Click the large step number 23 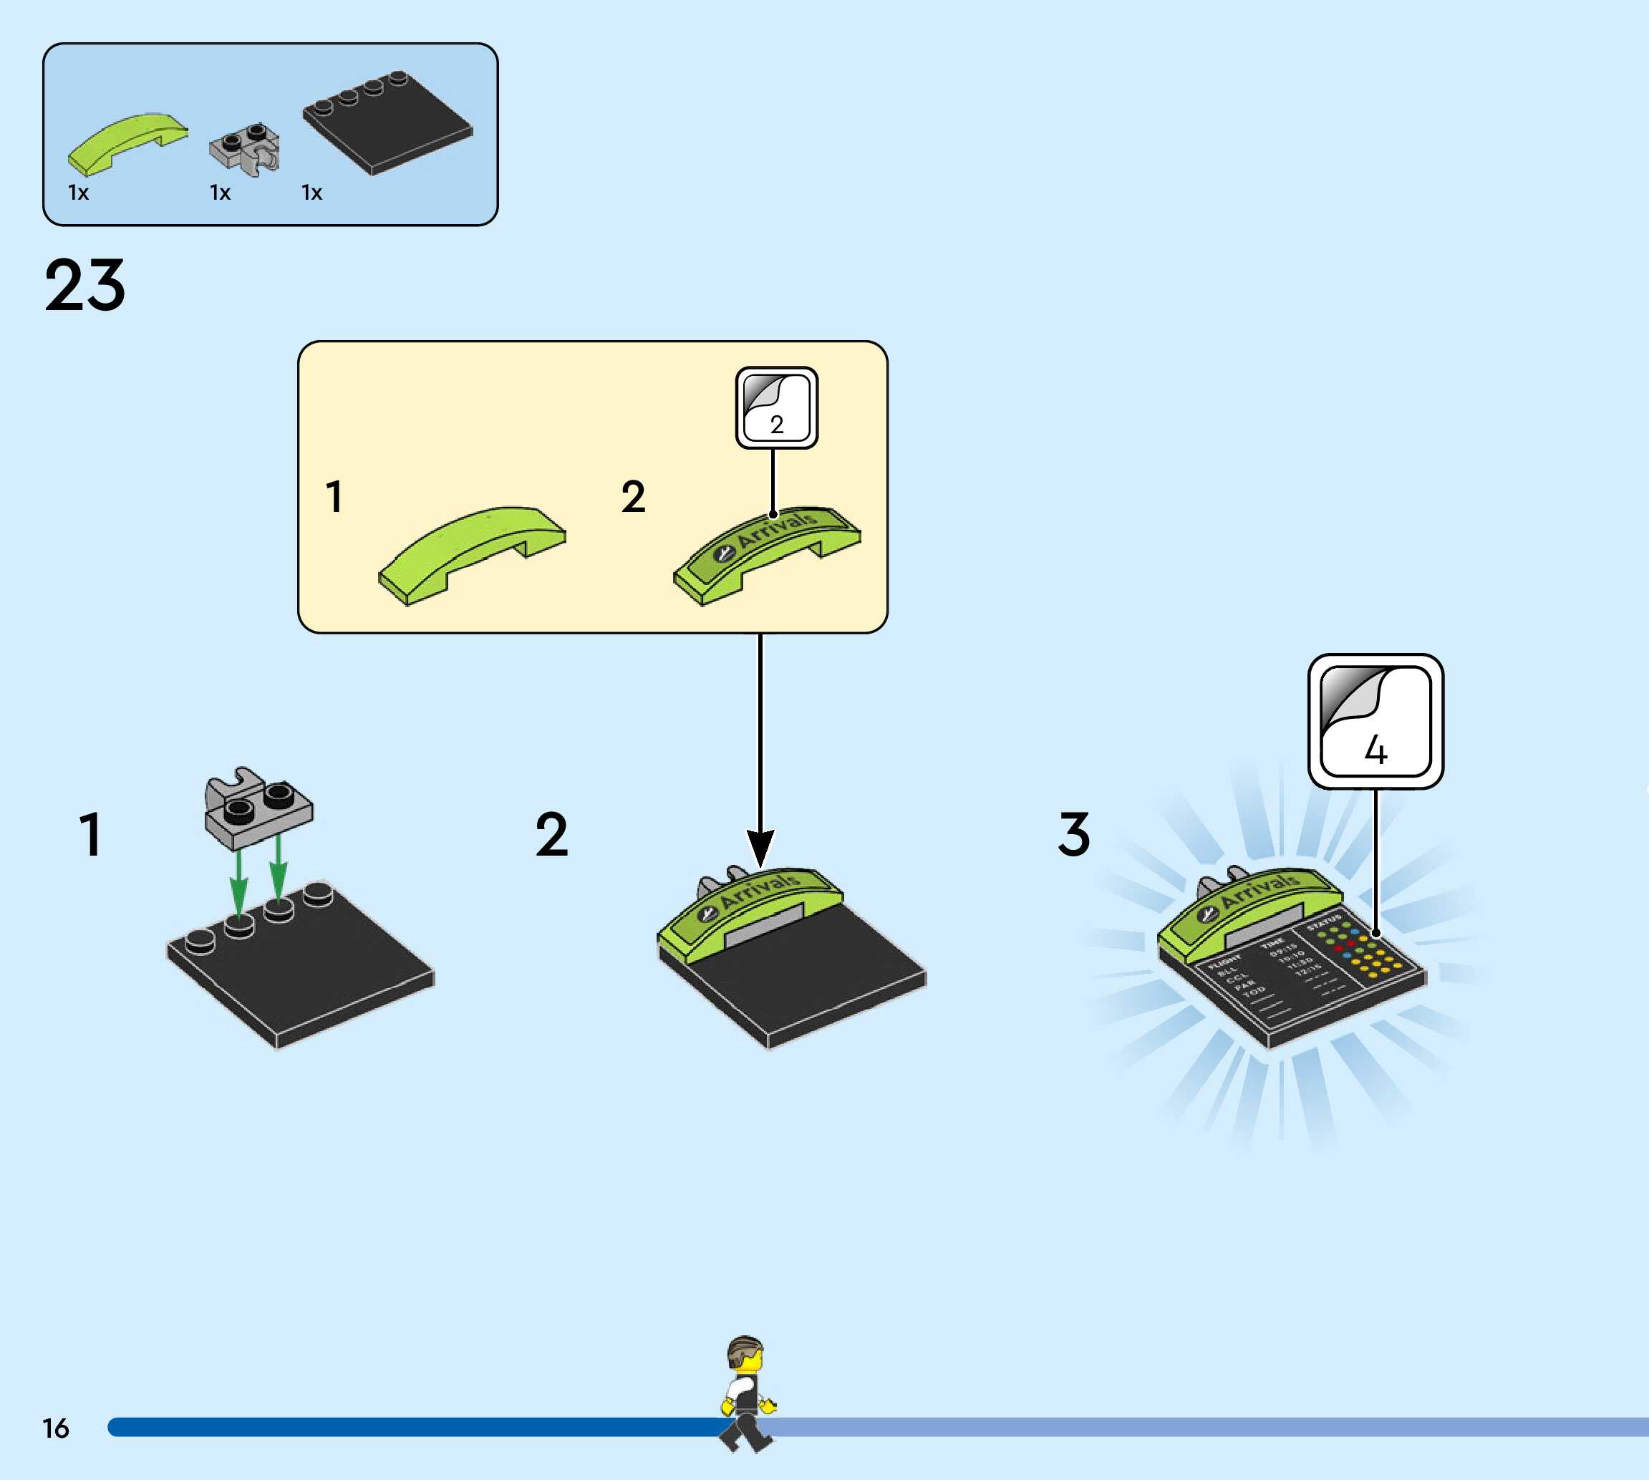click(x=85, y=286)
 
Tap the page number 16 click(x=55, y=1428)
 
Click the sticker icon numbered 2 click(x=776, y=407)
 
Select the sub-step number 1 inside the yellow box click(x=334, y=497)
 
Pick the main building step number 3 click(x=1073, y=835)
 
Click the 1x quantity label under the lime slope click(x=79, y=193)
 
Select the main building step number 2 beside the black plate click(x=551, y=835)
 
